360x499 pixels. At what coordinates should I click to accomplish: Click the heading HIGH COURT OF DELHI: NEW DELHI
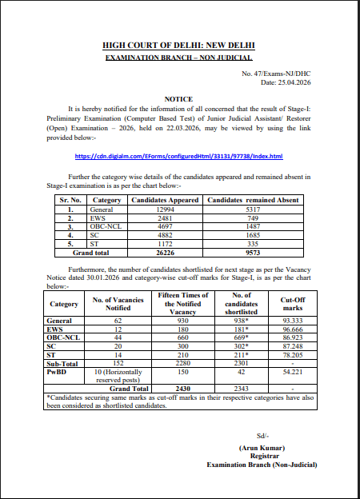pos(179,48)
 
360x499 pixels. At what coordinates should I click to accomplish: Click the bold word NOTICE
pos(179,98)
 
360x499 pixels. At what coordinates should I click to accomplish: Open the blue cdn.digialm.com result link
pos(178,156)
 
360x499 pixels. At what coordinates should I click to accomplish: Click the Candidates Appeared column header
pos(165,199)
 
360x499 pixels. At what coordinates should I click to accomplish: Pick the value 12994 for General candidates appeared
pos(165,208)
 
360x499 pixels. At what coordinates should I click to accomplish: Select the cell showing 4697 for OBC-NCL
pos(165,226)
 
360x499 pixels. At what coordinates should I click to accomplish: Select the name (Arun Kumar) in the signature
pos(261,447)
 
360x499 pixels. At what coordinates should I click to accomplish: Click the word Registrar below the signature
pos(261,455)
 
